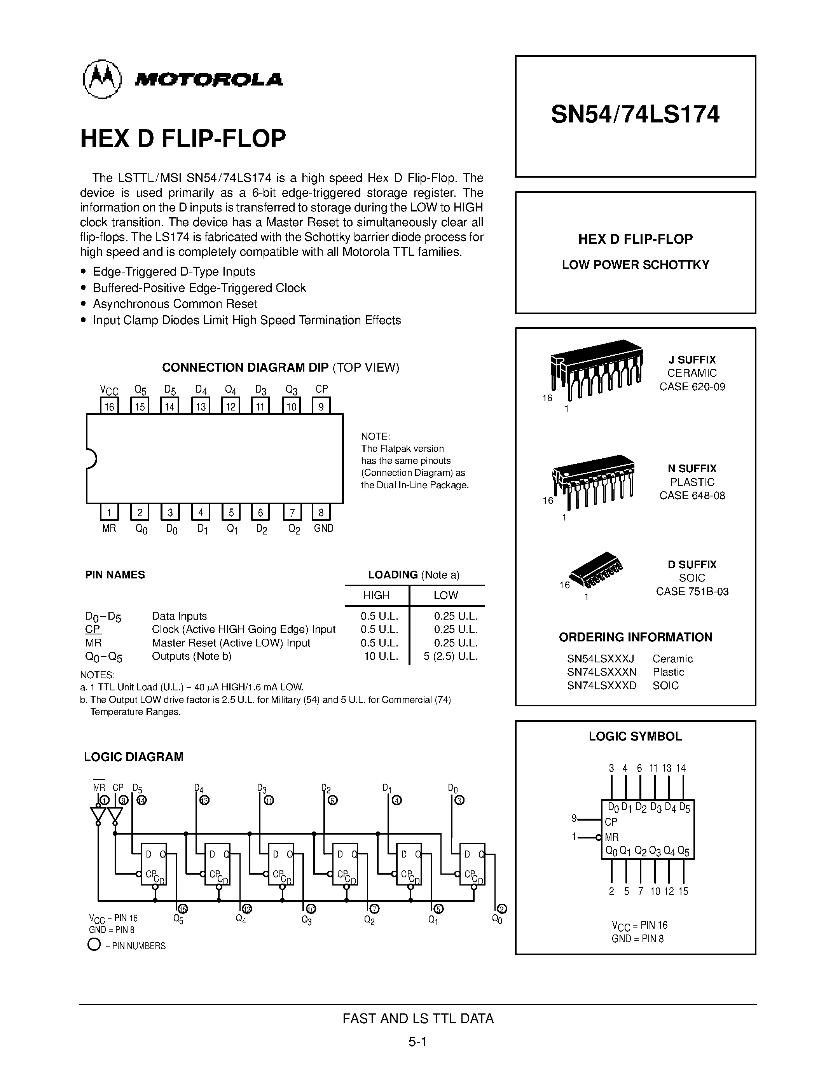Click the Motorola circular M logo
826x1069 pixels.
pos(102,79)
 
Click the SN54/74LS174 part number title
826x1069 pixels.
pos(635,115)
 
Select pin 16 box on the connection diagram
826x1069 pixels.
pos(109,406)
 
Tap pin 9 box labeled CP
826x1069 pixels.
pos(321,406)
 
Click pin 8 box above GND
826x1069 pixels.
pos(321,512)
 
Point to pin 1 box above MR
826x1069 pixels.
pos(109,512)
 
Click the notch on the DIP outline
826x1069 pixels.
pos(91,459)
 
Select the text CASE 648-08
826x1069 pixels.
pos(692,495)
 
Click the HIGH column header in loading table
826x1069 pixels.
pos(376,595)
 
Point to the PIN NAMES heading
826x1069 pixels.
pos(115,575)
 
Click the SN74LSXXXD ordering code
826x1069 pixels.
pos(601,685)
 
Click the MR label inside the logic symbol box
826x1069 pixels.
pos(612,837)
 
